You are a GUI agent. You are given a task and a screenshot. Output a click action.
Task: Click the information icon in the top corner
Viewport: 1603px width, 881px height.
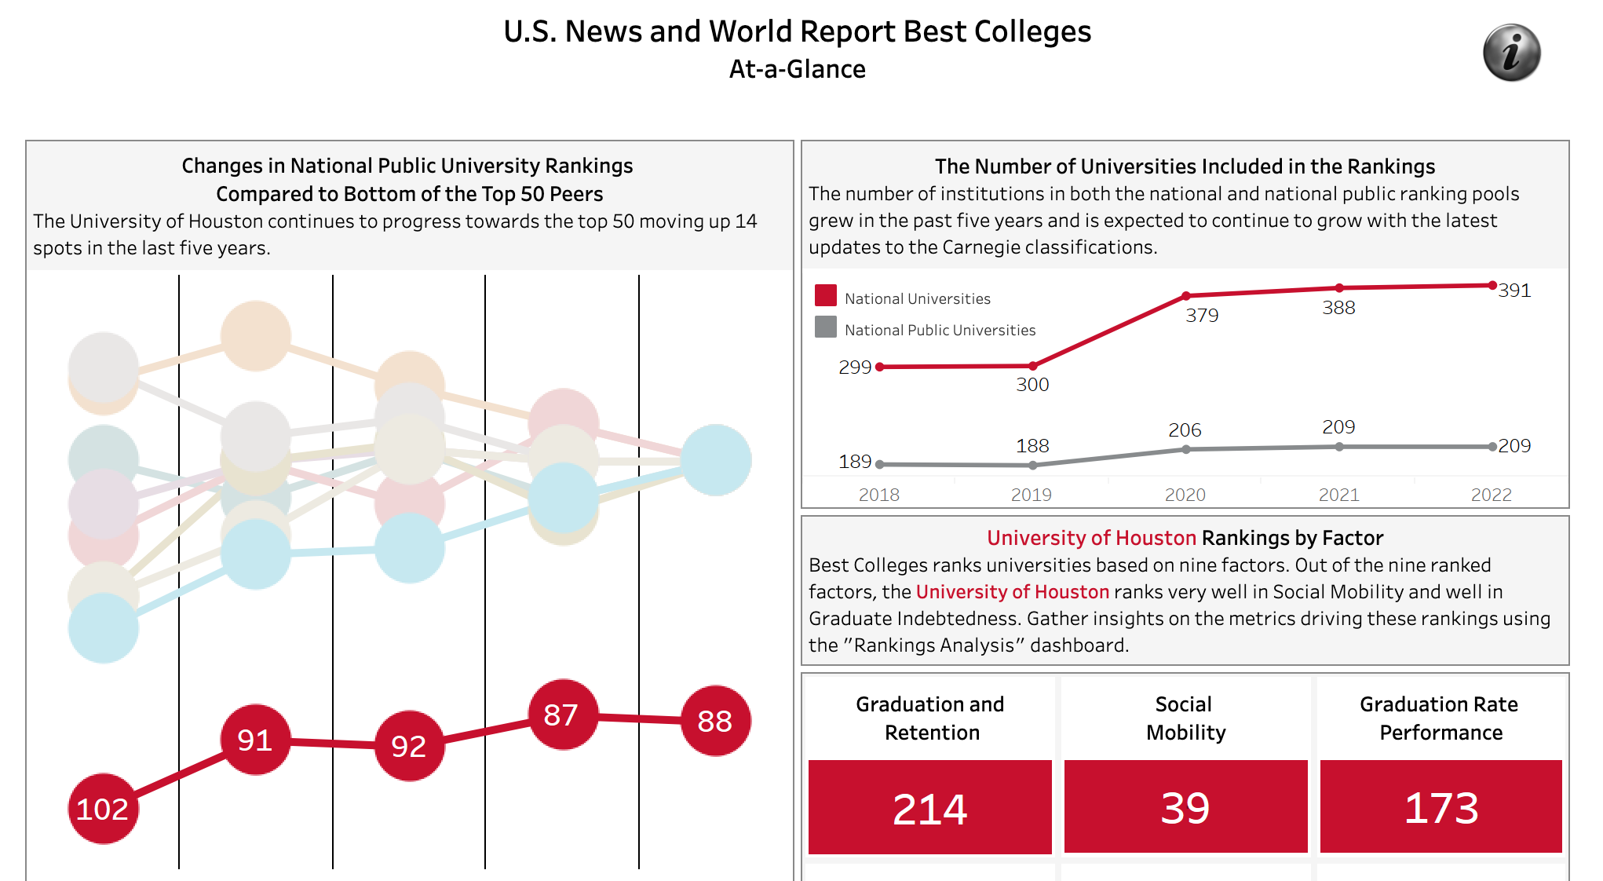pyautogui.click(x=1511, y=53)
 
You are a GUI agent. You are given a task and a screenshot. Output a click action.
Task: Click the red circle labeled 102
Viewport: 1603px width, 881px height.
pyautogui.click(x=103, y=809)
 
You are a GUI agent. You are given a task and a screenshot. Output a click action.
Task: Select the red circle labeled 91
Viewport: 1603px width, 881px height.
pyautogui.click(x=255, y=740)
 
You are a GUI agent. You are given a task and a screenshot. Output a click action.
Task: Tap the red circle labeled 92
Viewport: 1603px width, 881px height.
pyautogui.click(x=409, y=746)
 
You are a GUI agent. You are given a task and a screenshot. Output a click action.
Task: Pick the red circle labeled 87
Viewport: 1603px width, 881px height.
pyautogui.click(x=562, y=715)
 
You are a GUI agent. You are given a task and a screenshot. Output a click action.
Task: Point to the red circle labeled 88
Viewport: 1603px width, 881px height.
pyautogui.click(x=715, y=721)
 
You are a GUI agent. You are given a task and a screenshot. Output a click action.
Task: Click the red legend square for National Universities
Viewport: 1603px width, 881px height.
pyautogui.click(x=826, y=295)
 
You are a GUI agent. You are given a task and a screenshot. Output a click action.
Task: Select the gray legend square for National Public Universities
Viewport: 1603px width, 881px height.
pyautogui.click(x=826, y=327)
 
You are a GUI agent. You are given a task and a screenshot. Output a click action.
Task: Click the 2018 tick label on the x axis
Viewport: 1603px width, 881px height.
pyautogui.click(x=878, y=495)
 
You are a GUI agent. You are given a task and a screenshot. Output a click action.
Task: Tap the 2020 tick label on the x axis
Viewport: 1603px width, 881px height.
pyautogui.click(x=1185, y=495)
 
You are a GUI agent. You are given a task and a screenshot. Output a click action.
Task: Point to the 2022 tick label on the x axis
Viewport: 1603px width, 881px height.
pyautogui.click(x=1491, y=495)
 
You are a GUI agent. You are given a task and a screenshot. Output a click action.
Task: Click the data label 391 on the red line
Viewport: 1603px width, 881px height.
pyautogui.click(x=1514, y=291)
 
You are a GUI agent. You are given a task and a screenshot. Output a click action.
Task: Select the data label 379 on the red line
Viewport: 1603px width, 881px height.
pyautogui.click(x=1202, y=316)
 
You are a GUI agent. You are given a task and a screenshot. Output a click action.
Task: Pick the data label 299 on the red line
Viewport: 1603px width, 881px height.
pyautogui.click(x=855, y=367)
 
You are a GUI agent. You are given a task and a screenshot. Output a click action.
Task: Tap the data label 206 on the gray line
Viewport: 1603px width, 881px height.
pyautogui.click(x=1185, y=430)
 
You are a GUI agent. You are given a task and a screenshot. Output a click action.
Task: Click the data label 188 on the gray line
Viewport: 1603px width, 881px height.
pyautogui.click(x=1032, y=446)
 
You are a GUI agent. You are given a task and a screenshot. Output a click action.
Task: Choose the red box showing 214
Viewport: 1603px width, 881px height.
pyautogui.click(x=929, y=807)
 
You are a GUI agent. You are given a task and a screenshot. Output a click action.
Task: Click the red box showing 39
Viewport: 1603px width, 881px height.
pyautogui.click(x=1185, y=807)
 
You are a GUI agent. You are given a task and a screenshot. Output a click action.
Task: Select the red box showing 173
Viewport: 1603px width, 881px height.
pyautogui.click(x=1441, y=807)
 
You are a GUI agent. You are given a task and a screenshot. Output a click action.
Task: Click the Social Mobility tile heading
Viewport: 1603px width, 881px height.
pyautogui.click(x=1185, y=718)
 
